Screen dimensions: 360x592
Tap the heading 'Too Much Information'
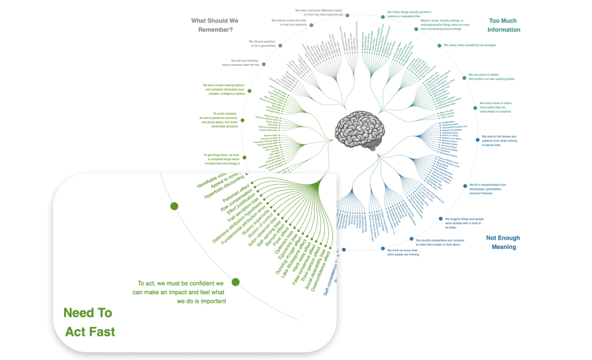click(x=504, y=25)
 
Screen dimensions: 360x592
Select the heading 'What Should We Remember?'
click(x=214, y=25)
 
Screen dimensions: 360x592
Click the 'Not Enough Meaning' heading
click(x=503, y=242)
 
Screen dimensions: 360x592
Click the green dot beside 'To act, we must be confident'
click(x=235, y=283)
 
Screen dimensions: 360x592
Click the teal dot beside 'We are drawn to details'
click(x=464, y=77)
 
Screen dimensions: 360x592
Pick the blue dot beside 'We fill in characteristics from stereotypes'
click(x=465, y=185)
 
